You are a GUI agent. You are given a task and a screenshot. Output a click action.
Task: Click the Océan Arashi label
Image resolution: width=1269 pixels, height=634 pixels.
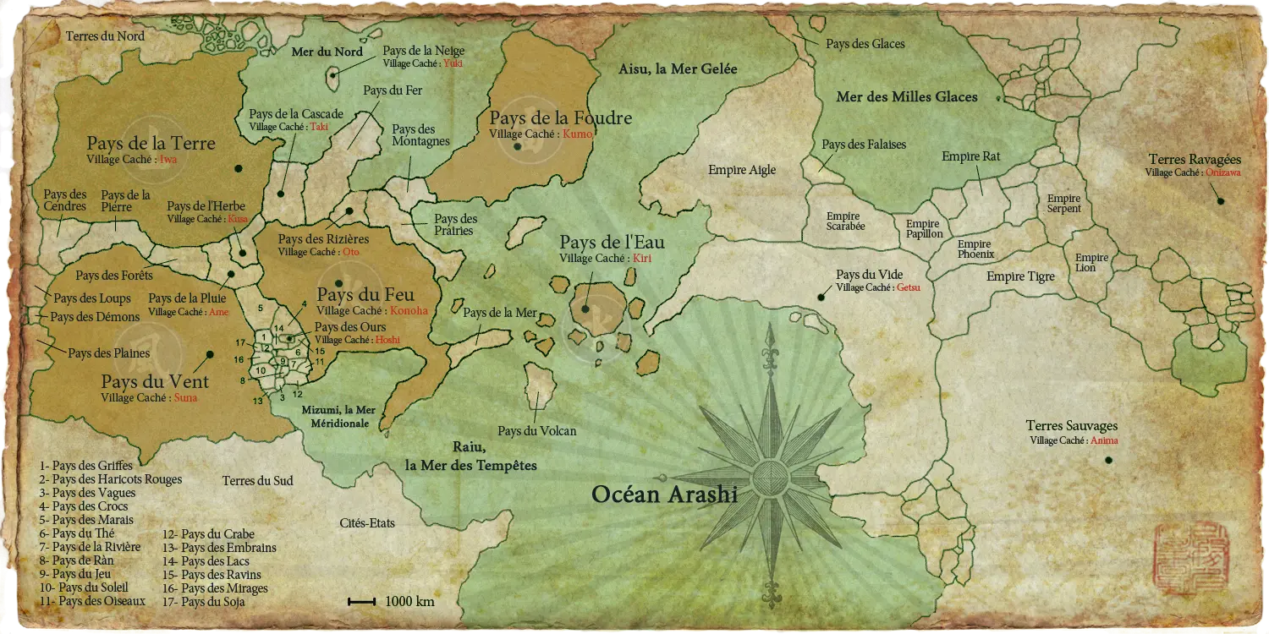[664, 495]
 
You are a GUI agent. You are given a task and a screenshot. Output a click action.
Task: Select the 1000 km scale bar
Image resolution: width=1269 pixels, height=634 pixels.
[361, 602]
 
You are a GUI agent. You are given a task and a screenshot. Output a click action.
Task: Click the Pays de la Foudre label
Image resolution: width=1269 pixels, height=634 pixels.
[560, 118]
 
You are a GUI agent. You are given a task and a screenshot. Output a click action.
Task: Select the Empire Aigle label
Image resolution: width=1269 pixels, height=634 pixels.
[742, 170]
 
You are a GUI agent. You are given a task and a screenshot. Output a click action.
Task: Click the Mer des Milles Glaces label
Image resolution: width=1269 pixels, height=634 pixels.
[907, 97]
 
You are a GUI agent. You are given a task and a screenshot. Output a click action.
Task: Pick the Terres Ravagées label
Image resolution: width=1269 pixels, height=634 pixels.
[1195, 160]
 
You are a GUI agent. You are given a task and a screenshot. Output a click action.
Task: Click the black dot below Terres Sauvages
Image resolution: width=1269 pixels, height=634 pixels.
[1108, 460]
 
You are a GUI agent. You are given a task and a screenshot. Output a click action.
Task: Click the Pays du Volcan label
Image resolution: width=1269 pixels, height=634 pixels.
[536, 431]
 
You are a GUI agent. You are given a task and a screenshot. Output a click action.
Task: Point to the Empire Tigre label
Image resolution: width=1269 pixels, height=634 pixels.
[1020, 276]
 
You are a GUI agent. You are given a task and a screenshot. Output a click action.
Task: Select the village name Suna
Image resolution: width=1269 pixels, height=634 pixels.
[185, 398]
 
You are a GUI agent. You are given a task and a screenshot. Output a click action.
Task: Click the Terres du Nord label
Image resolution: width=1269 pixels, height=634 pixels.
[105, 36]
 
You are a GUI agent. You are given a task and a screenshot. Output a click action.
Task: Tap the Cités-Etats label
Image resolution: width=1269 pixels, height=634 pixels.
[367, 523]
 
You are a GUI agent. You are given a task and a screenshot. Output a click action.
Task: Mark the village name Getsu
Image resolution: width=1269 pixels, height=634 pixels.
[908, 288]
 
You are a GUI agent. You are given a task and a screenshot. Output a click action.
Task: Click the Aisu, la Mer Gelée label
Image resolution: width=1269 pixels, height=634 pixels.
[678, 69]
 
